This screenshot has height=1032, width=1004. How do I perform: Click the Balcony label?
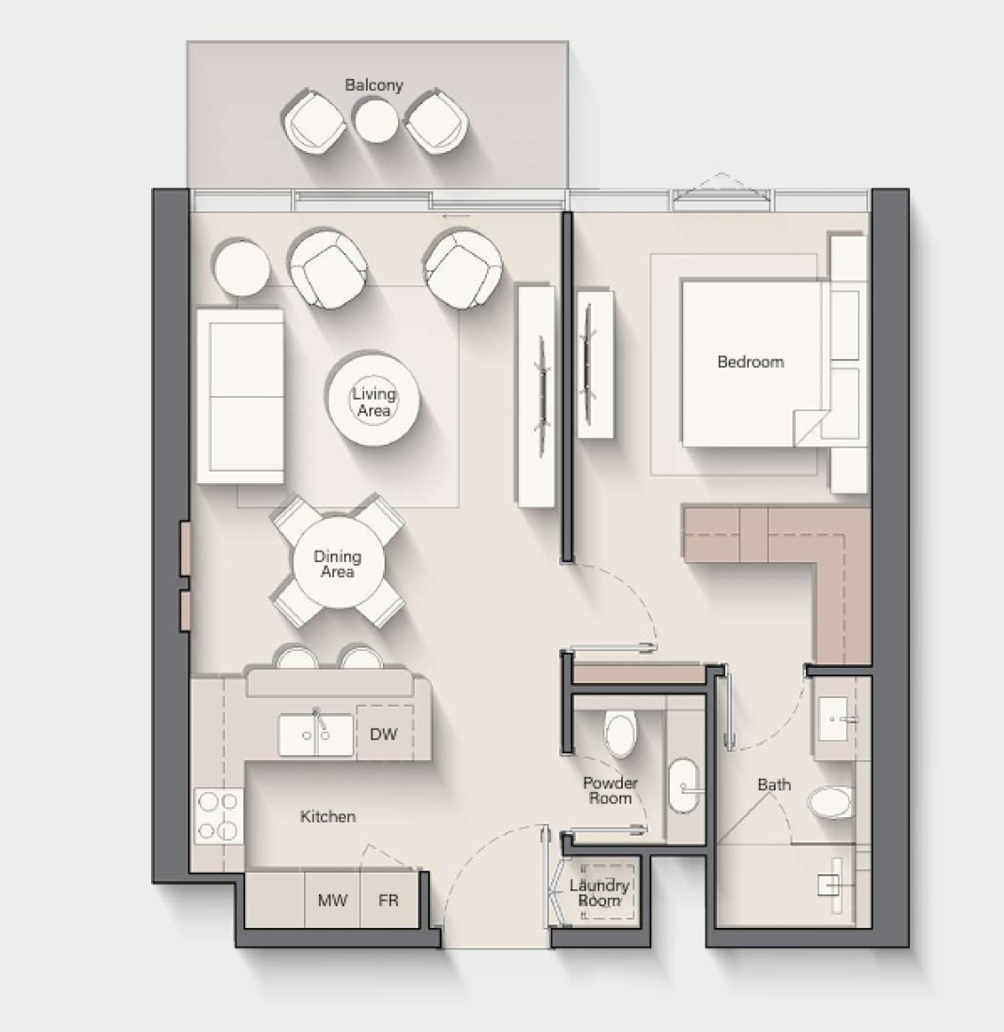tap(373, 84)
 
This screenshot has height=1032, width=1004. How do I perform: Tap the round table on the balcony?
tap(376, 120)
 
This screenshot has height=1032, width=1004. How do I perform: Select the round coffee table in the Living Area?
tap(373, 398)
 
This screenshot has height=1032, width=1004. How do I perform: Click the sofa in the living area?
tap(240, 396)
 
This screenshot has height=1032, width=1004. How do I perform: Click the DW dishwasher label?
tap(384, 734)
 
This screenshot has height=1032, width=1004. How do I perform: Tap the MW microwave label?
tap(332, 900)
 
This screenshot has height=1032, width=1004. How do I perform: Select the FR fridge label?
tap(388, 900)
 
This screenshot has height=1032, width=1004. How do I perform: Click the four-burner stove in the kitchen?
tap(219, 816)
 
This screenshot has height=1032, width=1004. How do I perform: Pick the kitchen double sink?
tap(316, 736)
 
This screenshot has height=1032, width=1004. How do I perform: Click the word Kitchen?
tap(327, 817)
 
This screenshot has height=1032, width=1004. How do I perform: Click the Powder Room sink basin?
tap(685, 787)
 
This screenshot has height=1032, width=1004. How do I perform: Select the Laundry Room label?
tap(599, 893)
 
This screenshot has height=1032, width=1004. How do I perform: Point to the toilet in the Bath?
tap(830, 802)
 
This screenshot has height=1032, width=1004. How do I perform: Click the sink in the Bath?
tap(835, 719)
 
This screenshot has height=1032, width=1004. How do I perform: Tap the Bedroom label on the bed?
tap(751, 362)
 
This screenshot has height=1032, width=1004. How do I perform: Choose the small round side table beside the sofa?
tap(242, 267)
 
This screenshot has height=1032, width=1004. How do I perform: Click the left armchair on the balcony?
tap(314, 122)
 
